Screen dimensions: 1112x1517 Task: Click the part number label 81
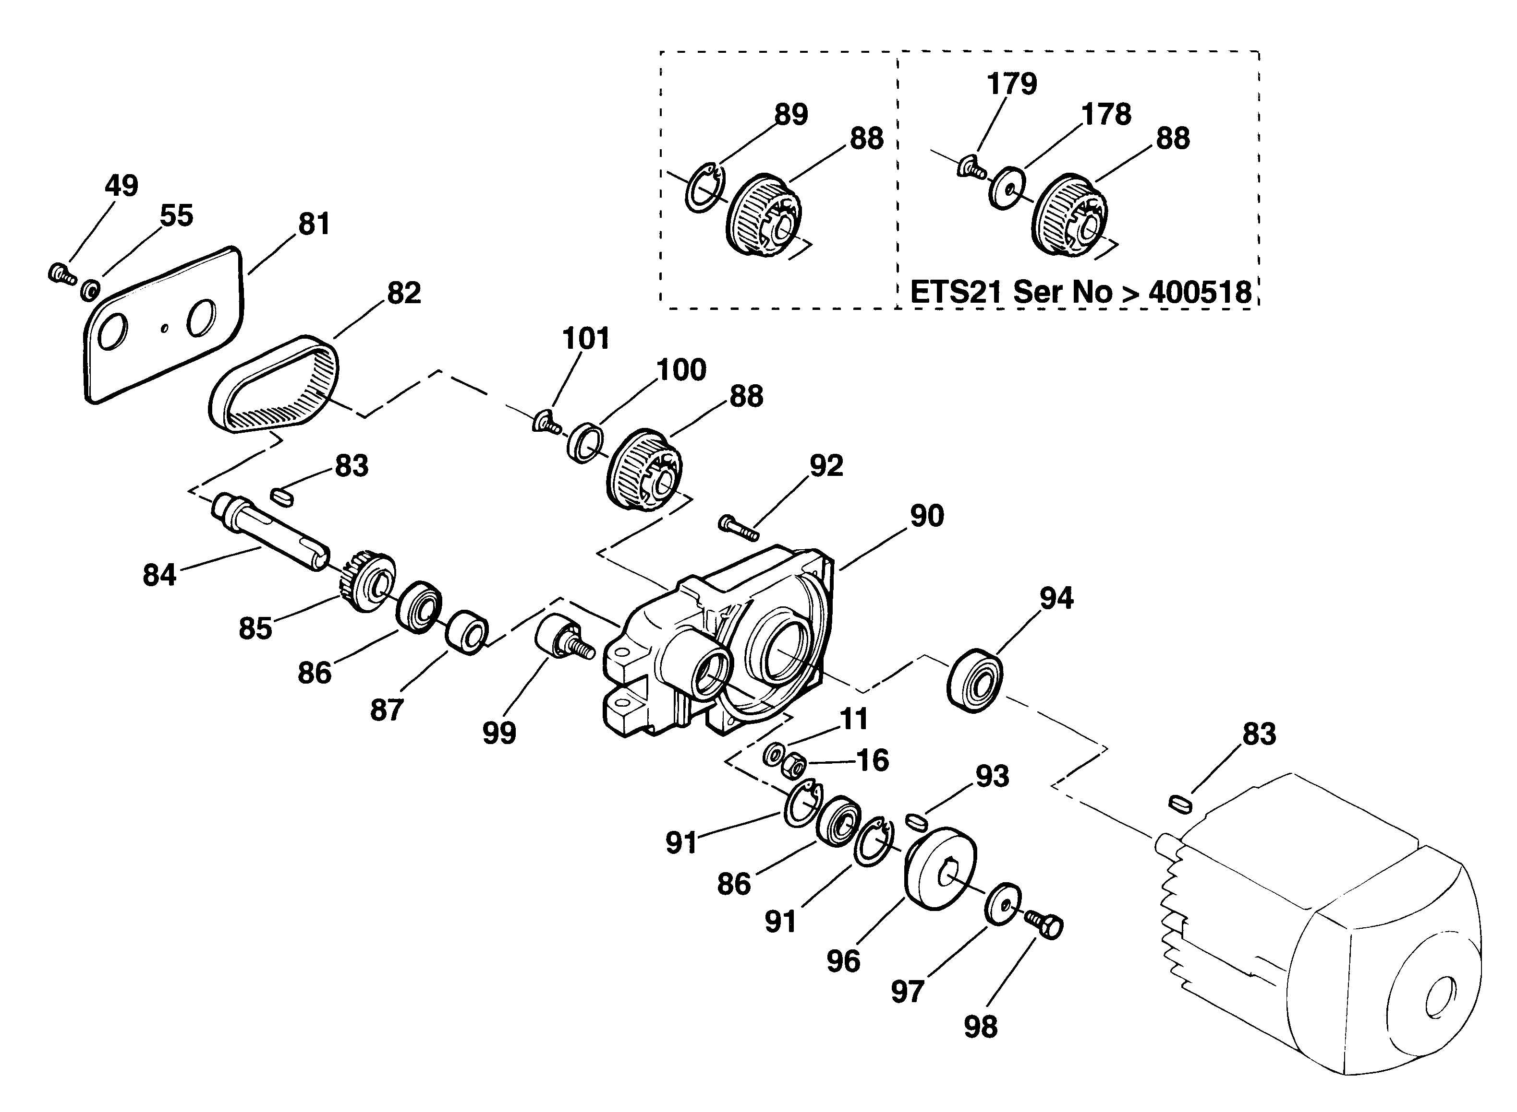tap(314, 224)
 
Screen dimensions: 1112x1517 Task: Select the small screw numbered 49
tap(61, 273)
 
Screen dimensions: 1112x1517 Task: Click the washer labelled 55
tap(90, 291)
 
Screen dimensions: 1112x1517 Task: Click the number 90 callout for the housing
tap(927, 516)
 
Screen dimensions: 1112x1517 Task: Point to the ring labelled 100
tap(584, 442)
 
